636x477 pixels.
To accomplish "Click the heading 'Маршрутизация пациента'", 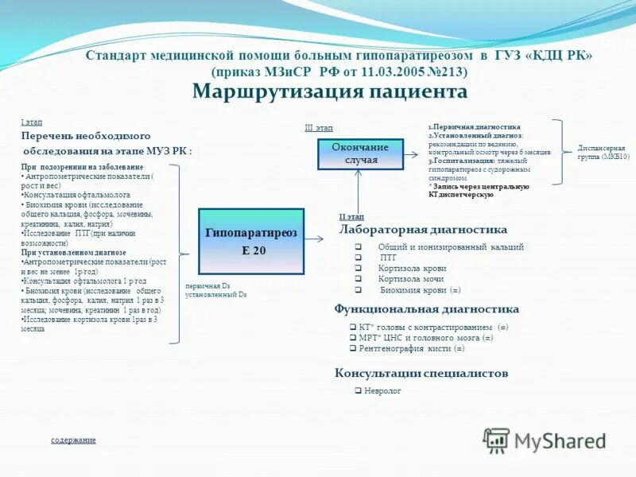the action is pyautogui.click(x=330, y=92).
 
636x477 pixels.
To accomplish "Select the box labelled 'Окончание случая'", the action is pyautogui.click(x=359, y=153).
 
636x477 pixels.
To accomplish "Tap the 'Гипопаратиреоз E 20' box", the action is pyautogui.click(x=250, y=241).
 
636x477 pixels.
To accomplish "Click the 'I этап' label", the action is pyautogui.click(x=32, y=122).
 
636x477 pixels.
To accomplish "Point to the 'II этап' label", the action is pyautogui.click(x=351, y=216).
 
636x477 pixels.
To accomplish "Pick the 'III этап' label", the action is pyautogui.click(x=319, y=128).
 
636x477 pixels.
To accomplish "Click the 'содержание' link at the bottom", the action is pyautogui.click(x=73, y=440).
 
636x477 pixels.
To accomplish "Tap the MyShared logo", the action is pyautogui.click(x=545, y=440).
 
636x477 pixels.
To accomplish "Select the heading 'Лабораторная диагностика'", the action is pyautogui.click(x=423, y=230).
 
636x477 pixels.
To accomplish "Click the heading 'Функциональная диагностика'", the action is pyautogui.click(x=420, y=308).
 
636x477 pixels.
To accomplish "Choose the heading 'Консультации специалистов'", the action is pyautogui.click(x=421, y=374).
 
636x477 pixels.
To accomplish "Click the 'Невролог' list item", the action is pyautogui.click(x=382, y=391).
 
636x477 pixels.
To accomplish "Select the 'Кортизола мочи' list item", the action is pyautogui.click(x=412, y=279).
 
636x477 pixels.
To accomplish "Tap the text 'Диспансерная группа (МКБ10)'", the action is pyautogui.click(x=602, y=153).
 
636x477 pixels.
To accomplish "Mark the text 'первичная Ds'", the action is pyautogui.click(x=207, y=285).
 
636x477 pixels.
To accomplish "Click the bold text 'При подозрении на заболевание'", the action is pyautogui.click(x=82, y=168).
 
